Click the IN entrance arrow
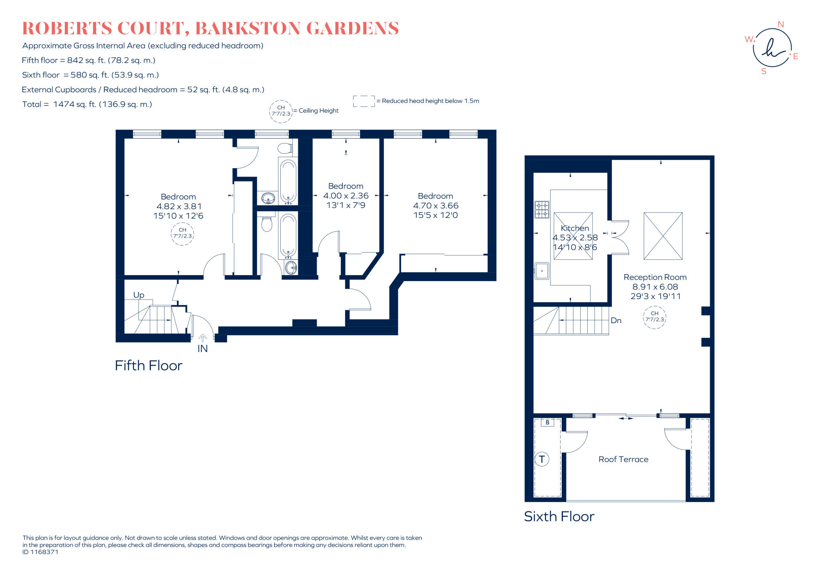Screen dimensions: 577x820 click(203, 338)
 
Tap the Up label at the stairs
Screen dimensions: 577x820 click(139, 295)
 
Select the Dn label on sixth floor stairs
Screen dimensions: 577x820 click(616, 320)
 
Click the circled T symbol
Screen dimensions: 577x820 click(542, 459)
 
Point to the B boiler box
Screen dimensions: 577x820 click(547, 422)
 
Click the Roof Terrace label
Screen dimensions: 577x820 click(623, 459)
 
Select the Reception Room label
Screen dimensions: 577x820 click(655, 277)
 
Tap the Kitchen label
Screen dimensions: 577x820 click(575, 228)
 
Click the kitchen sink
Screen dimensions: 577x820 click(542, 271)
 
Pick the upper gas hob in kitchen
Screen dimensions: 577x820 click(542, 205)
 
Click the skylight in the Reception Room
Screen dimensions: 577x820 click(663, 236)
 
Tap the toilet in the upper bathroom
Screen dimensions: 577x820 click(285, 149)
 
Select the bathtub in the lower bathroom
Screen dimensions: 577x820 click(288, 235)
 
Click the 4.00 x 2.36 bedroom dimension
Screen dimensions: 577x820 click(346, 196)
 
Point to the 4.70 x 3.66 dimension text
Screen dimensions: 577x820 click(435, 205)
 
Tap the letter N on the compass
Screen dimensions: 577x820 click(780, 24)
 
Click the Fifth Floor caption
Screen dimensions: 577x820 click(148, 365)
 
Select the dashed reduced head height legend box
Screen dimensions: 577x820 click(364, 101)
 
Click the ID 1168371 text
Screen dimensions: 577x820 click(40, 552)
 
